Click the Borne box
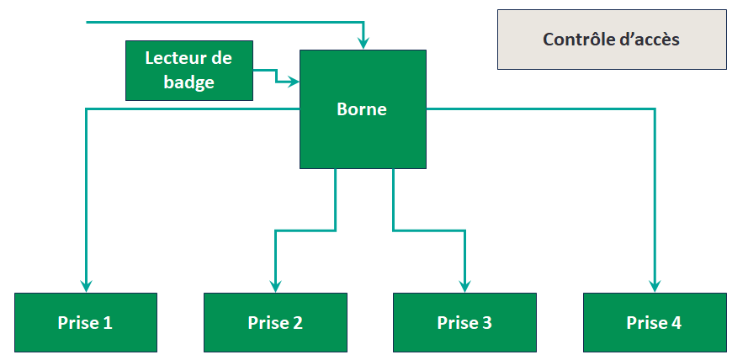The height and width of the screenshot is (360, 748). point(363,109)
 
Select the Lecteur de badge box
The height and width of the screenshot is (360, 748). point(188,70)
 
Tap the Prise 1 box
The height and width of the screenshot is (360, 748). point(86,322)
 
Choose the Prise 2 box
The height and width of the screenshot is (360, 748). point(275,322)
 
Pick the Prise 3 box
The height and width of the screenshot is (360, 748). point(464,322)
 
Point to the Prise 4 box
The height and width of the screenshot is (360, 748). point(654,322)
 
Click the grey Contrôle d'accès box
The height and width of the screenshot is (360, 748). point(611,40)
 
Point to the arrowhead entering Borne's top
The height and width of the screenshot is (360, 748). point(363,43)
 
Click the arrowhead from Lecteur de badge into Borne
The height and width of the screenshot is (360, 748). point(294,82)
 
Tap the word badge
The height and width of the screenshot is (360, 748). point(188,82)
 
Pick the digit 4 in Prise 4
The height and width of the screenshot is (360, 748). point(676,323)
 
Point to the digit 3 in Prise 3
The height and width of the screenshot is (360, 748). point(487,323)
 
